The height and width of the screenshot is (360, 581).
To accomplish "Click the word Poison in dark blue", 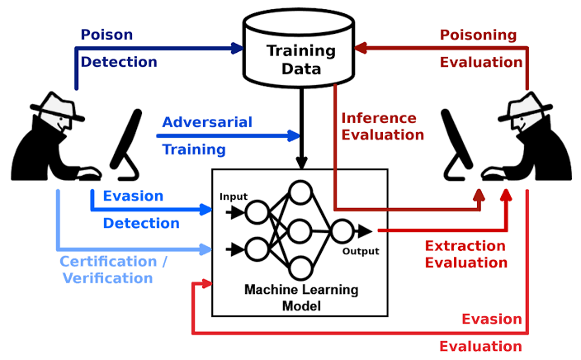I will [x=106, y=35].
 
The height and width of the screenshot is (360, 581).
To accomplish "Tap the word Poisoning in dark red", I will [x=478, y=35].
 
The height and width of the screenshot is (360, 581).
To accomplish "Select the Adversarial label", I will [x=207, y=122].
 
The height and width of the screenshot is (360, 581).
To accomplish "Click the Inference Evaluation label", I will [x=383, y=126].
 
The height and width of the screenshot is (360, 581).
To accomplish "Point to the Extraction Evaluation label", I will [x=465, y=254].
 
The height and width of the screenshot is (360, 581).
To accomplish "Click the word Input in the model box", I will [x=234, y=197].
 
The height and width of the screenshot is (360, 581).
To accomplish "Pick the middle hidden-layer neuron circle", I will [x=300, y=230].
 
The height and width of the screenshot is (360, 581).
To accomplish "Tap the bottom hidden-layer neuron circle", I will [x=300, y=268].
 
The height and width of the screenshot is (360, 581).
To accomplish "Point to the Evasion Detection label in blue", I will [x=140, y=210].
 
